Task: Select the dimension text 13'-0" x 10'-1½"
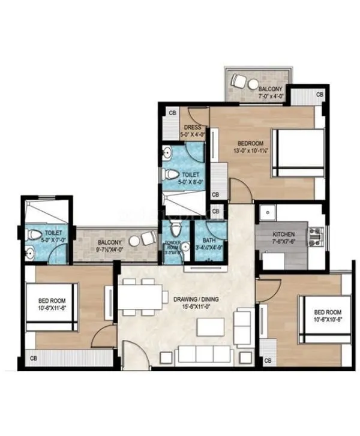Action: (250, 150)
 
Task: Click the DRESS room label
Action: (193, 127)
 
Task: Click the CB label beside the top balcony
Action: (320, 94)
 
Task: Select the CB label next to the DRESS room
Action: (172, 113)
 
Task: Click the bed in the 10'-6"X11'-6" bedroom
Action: (51, 306)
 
